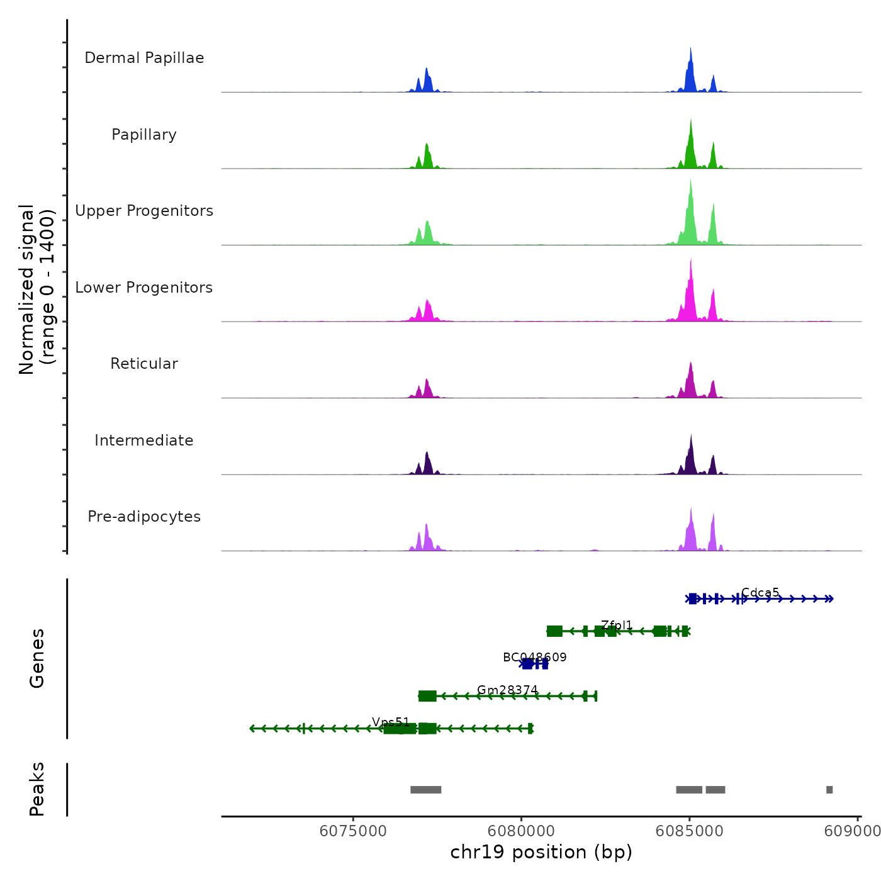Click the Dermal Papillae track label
pyautogui.click(x=144, y=58)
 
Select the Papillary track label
pyautogui.click(x=144, y=135)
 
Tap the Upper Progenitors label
pyautogui.click(x=144, y=211)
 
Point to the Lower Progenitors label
pyautogui.click(x=144, y=288)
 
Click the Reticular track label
pyautogui.click(x=144, y=364)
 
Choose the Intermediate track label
pyautogui.click(x=144, y=441)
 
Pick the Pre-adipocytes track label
pyautogui.click(x=144, y=517)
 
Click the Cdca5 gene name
pyautogui.click(x=760, y=592)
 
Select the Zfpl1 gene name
pyautogui.click(x=617, y=625)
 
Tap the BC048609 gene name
pyautogui.click(x=535, y=658)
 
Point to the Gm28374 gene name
pyautogui.click(x=507, y=690)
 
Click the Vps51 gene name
pyautogui.click(x=391, y=722)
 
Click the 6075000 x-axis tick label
pyautogui.click(x=353, y=831)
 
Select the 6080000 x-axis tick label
pyautogui.click(x=521, y=831)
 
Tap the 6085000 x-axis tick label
pyautogui.click(x=689, y=831)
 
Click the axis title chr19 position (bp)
pyautogui.click(x=541, y=852)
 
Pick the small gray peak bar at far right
pyautogui.click(x=829, y=790)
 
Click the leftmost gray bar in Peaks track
pyautogui.click(x=426, y=790)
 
